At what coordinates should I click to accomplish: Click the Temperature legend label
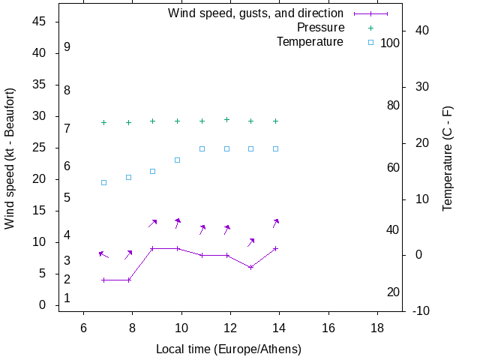pyautogui.click(x=310, y=42)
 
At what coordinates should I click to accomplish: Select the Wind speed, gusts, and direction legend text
pyautogui.click(x=255, y=13)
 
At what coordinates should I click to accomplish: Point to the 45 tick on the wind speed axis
pyautogui.click(x=40, y=22)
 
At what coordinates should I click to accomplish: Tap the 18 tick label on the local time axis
pyautogui.click(x=376, y=328)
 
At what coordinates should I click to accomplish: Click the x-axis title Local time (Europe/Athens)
pyautogui.click(x=229, y=349)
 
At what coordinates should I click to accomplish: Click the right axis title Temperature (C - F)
pyautogui.click(x=448, y=158)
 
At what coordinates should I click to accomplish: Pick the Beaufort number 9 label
pyautogui.click(x=67, y=47)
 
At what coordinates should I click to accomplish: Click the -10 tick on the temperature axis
pyautogui.click(x=421, y=310)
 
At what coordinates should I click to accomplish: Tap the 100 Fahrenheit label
pyautogui.click(x=390, y=43)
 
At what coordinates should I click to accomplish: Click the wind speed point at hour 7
pyautogui.click(x=104, y=280)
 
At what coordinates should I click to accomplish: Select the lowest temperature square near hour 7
pyautogui.click(x=104, y=182)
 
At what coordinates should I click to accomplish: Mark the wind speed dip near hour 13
pyautogui.click(x=251, y=267)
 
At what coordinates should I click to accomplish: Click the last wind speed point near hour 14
pyautogui.click(x=276, y=248)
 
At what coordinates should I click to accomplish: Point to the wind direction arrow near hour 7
pyautogui.click(x=103, y=255)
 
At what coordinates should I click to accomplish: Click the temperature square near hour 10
pyautogui.click(x=178, y=160)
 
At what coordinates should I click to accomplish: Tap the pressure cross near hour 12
pyautogui.click(x=226, y=119)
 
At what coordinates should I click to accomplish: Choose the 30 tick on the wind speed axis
pyautogui.click(x=40, y=116)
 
